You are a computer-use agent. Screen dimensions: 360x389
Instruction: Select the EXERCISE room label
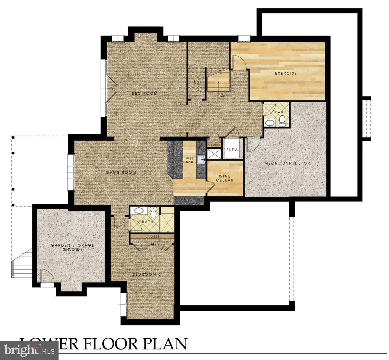(285, 73)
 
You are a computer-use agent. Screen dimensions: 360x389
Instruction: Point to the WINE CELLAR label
(226, 178)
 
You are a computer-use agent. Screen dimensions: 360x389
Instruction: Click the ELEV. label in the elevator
(232, 150)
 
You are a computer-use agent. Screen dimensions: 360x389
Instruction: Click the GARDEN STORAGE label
(72, 247)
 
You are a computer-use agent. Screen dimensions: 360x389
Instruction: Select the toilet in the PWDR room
(282, 120)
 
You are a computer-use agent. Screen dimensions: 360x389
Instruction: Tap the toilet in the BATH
(153, 213)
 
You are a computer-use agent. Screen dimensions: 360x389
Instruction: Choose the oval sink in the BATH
(137, 211)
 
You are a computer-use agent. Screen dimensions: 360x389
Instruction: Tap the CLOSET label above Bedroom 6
(152, 236)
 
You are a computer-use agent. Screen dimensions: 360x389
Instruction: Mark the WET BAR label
(190, 160)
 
